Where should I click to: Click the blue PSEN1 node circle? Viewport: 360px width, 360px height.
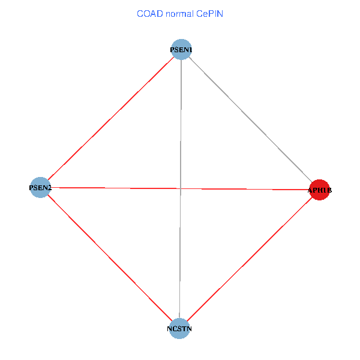click(x=181, y=50)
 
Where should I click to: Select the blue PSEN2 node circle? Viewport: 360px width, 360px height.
click(x=40, y=188)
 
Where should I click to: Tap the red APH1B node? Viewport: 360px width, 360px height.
click(x=319, y=190)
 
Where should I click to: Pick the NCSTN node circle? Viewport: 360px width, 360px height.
click(x=179, y=328)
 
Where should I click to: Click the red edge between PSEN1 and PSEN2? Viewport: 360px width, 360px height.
click(x=110, y=119)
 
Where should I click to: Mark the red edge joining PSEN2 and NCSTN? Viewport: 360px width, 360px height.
click(x=110, y=258)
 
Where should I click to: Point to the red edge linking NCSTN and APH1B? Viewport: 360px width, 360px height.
click(x=250, y=259)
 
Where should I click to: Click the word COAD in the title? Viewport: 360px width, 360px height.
click(x=149, y=13)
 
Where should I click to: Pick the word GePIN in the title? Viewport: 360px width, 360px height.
click(x=210, y=13)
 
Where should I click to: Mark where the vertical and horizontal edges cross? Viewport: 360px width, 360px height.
click(x=180, y=189)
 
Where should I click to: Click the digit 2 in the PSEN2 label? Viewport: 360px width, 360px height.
click(x=49, y=188)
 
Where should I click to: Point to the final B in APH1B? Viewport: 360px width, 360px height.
click(x=329, y=191)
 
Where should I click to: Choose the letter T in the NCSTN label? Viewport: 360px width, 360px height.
click(x=184, y=329)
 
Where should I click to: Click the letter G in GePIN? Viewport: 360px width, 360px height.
click(x=199, y=13)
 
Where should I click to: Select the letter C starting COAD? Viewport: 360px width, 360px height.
click(x=140, y=13)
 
